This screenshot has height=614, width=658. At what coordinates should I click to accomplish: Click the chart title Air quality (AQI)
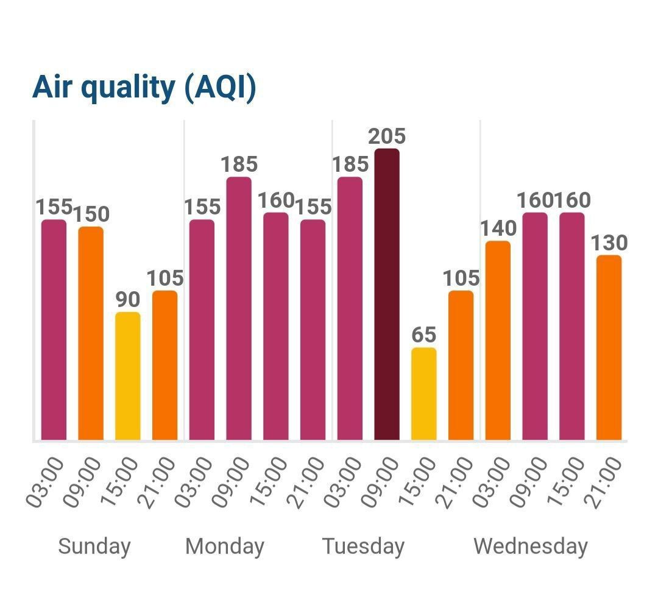pos(144,87)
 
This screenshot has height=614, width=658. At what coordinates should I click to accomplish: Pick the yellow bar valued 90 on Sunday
pos(128,376)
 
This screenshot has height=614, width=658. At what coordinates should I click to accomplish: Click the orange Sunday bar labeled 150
pos(91,333)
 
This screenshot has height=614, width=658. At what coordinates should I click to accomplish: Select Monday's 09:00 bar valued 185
pos(239,308)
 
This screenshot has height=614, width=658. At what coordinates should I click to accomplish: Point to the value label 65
pos(423,335)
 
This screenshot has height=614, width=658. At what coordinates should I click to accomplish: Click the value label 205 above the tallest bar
pos(387,136)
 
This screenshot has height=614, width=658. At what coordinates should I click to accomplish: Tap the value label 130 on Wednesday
pos(609,243)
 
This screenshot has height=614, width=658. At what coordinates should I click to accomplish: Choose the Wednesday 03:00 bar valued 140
pos(498,341)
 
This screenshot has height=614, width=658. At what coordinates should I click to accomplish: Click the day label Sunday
pos(94,546)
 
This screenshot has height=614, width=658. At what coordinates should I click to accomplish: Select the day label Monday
pos(225,546)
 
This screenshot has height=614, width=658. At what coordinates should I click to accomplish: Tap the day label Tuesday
pos(363,546)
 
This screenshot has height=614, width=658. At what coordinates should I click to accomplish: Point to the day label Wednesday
pos(531,546)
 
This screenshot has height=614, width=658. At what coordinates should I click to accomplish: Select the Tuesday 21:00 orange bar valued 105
pos(461,365)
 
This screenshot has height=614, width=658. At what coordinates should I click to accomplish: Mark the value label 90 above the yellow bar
pos(128,300)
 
